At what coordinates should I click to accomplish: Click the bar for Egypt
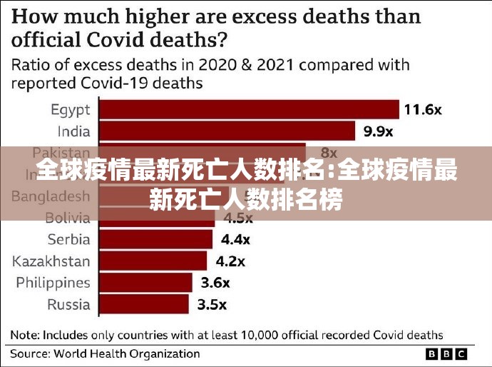[x=248, y=109]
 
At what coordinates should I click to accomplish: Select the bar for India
[x=226, y=131]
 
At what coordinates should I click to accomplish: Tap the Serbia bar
[x=157, y=239]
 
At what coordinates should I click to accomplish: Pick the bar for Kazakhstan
[x=153, y=261]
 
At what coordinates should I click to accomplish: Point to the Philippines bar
[x=145, y=283]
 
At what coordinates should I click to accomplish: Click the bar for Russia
[x=143, y=304]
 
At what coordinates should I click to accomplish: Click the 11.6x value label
[x=423, y=110]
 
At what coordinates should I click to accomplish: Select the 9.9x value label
[x=377, y=131]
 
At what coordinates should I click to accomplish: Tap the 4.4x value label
[x=237, y=239]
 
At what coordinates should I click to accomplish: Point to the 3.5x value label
[x=212, y=304]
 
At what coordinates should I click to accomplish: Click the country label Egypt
[x=70, y=110]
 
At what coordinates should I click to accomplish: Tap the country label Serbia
[x=68, y=239]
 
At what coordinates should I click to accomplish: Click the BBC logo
[x=446, y=353]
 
